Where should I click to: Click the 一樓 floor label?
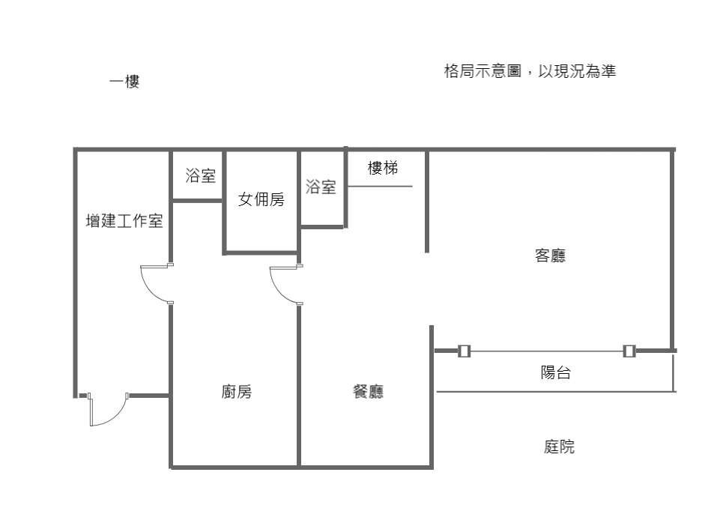point(124,82)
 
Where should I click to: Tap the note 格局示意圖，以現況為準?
point(530,72)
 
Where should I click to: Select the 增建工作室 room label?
point(124,222)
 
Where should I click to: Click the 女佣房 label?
point(261,200)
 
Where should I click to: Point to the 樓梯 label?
point(382,169)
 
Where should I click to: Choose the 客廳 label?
point(550,256)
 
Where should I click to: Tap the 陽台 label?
point(555,373)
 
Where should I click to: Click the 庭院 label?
point(559,447)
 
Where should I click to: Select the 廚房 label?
point(236,392)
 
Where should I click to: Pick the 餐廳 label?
point(368,392)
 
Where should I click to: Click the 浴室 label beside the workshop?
point(200,177)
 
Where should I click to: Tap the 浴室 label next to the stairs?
point(321,188)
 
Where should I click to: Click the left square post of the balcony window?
point(464,351)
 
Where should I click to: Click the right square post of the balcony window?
point(629,351)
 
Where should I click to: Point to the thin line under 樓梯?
point(379,186)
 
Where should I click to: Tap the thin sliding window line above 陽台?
point(547,351)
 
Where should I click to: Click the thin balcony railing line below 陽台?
point(554,391)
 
